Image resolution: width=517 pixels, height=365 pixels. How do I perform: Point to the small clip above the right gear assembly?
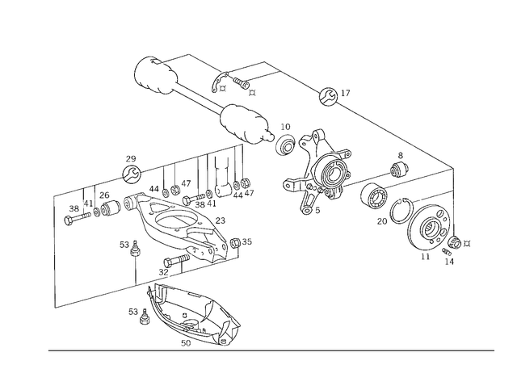tap(397, 169)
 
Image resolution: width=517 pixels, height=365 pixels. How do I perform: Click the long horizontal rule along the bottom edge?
tap(271, 350)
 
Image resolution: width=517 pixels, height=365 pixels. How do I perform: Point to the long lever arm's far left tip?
tap(69, 216)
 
